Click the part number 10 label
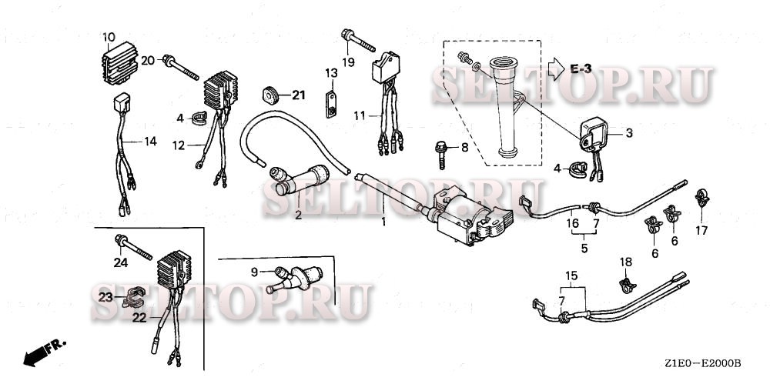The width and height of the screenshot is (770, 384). (x=109, y=37)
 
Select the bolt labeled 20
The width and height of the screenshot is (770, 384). (x=181, y=67)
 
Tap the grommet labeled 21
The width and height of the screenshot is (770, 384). (x=269, y=95)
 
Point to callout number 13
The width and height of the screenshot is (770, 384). (x=331, y=73)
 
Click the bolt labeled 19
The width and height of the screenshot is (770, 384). (x=358, y=41)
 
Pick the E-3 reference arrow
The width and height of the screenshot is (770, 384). (x=556, y=69)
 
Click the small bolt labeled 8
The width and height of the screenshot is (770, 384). (x=441, y=154)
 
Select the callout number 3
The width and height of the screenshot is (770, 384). (x=629, y=132)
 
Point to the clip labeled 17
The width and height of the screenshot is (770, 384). (x=701, y=198)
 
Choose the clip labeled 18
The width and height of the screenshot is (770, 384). (x=626, y=285)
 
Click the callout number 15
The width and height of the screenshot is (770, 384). (x=571, y=275)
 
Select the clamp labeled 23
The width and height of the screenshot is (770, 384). (x=132, y=298)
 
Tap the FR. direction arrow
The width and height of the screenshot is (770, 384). (x=43, y=352)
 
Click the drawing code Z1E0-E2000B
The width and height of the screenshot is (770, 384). (x=703, y=364)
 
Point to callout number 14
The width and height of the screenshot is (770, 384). (x=150, y=142)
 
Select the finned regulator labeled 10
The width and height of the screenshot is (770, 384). (x=119, y=62)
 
